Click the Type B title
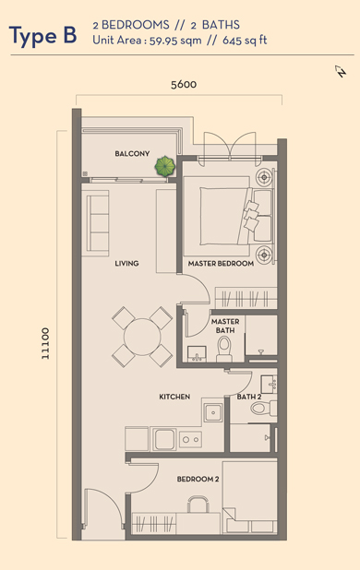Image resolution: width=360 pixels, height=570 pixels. (x=42, y=36)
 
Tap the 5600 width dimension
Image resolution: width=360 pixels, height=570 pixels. (x=184, y=84)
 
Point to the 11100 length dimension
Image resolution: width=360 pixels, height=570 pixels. (x=45, y=343)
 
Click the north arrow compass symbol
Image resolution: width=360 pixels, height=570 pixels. (x=341, y=71)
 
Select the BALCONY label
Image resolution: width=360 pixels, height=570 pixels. (x=132, y=153)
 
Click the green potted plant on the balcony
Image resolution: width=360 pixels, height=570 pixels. (x=165, y=166)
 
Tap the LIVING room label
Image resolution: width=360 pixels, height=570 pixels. (x=126, y=263)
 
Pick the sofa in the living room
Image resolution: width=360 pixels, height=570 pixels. (x=98, y=223)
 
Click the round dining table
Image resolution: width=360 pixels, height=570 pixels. (x=142, y=337)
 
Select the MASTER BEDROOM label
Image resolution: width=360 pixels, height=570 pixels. (x=221, y=263)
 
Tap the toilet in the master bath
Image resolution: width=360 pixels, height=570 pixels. (x=224, y=349)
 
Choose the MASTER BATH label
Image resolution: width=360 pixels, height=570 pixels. (x=225, y=326)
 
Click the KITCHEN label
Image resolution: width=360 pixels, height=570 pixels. (x=174, y=397)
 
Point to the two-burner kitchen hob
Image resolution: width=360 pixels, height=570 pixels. (x=190, y=440)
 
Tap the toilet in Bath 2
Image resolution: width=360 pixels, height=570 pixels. (x=264, y=408)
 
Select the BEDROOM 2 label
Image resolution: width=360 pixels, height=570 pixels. (x=198, y=479)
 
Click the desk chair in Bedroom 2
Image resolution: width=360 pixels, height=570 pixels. (x=198, y=505)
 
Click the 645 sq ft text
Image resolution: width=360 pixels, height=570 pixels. (x=245, y=41)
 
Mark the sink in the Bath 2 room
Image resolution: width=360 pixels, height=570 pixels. (x=269, y=384)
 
